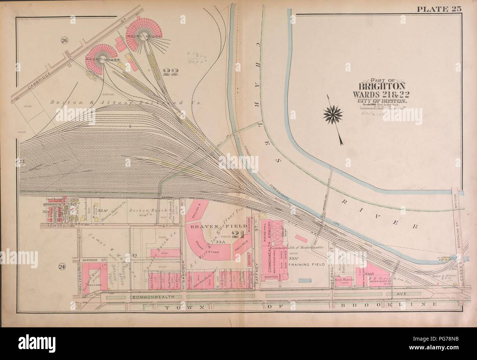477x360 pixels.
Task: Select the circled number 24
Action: coord(62,267)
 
